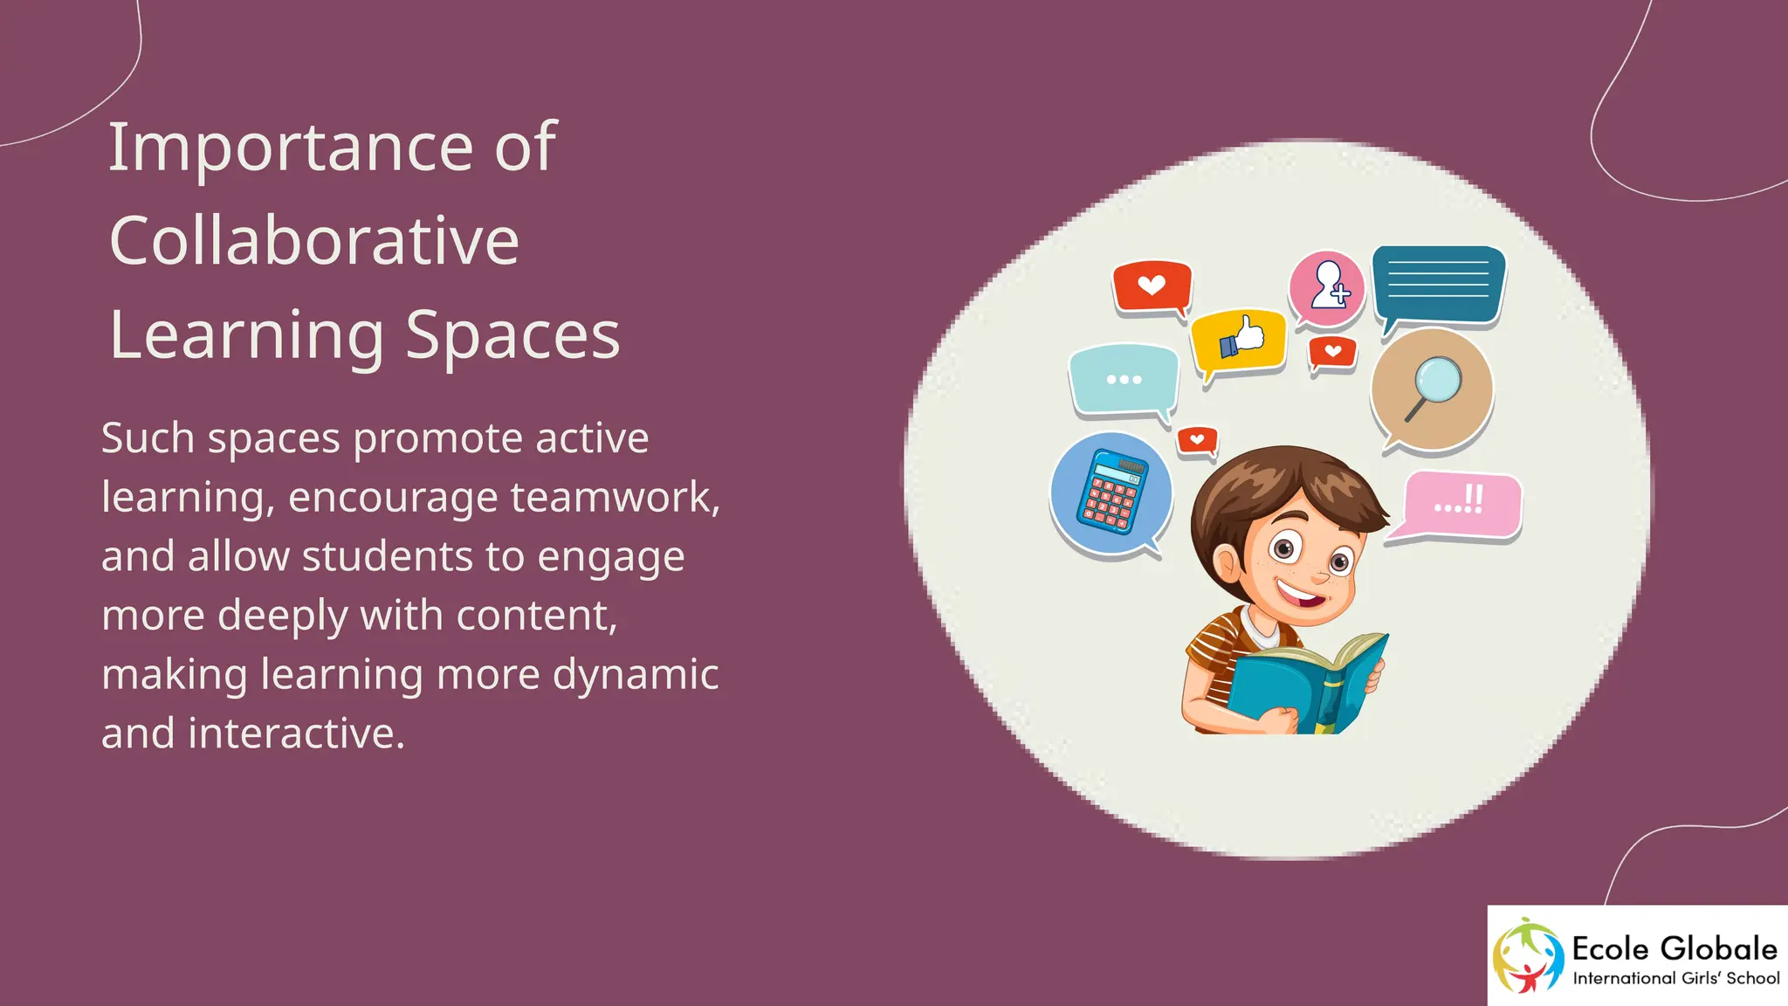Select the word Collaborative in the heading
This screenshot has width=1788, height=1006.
coord(314,241)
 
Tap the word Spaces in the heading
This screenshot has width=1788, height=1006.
coord(512,335)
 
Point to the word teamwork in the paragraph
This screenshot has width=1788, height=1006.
coord(615,498)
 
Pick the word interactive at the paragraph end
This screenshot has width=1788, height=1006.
coord(296,734)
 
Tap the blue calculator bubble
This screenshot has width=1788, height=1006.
coord(1111,493)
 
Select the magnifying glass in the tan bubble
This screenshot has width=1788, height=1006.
coord(1432,388)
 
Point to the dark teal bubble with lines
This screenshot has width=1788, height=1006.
coord(1438,283)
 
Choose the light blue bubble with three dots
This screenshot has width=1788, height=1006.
coord(1124,380)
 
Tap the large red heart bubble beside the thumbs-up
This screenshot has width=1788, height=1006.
coord(1152,286)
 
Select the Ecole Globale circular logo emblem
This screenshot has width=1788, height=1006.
coord(1527,955)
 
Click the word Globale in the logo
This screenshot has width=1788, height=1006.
coord(1718,948)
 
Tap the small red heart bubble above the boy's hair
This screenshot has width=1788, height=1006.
coord(1197,440)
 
